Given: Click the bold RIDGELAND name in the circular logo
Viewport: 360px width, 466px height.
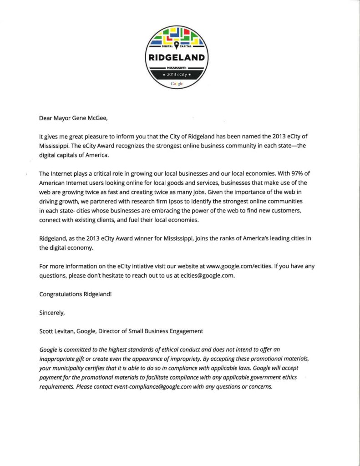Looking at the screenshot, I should pos(177,57).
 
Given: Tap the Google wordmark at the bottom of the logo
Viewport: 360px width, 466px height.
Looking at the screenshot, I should pos(177,84).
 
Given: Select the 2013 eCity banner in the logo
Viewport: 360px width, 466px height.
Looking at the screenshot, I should pos(177,75).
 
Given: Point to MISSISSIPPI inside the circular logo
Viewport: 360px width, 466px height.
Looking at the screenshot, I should pos(177,67).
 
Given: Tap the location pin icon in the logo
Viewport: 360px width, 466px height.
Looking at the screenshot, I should pos(177,44).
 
